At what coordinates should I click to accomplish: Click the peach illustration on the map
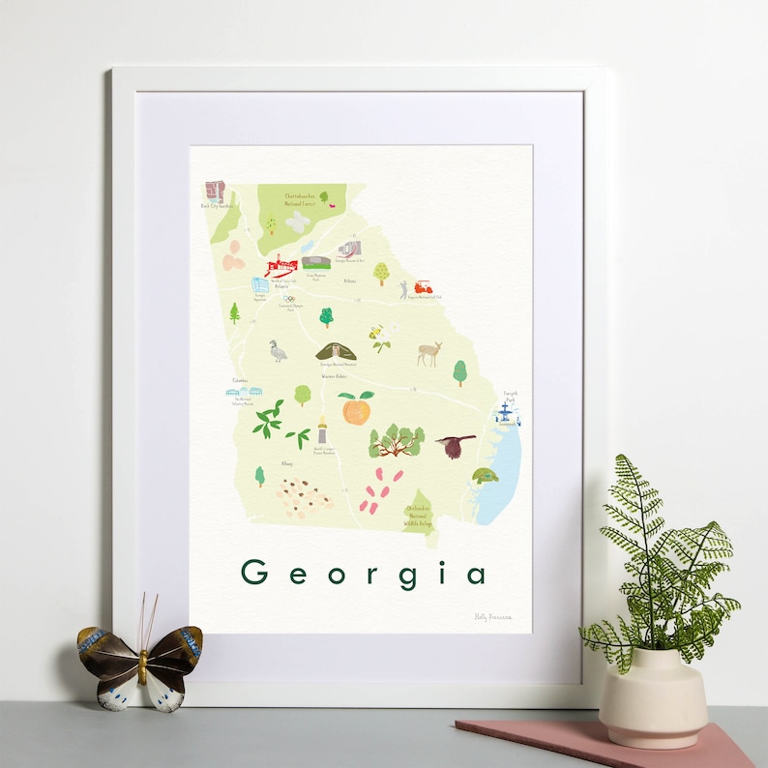(x=355, y=409)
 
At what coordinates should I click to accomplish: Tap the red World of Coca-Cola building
(x=281, y=265)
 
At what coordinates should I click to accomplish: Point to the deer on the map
(x=428, y=354)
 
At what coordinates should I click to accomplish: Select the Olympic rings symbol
(x=288, y=299)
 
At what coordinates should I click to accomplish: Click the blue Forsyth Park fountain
(x=505, y=414)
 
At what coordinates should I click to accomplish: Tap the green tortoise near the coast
(x=484, y=476)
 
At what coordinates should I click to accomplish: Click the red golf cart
(x=423, y=287)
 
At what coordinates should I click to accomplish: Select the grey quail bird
(x=279, y=352)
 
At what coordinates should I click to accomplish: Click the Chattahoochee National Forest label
(x=294, y=199)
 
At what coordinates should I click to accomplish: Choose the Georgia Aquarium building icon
(x=260, y=286)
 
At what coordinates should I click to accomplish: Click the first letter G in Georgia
(x=254, y=573)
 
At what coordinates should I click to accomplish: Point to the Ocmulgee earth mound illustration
(x=337, y=351)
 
